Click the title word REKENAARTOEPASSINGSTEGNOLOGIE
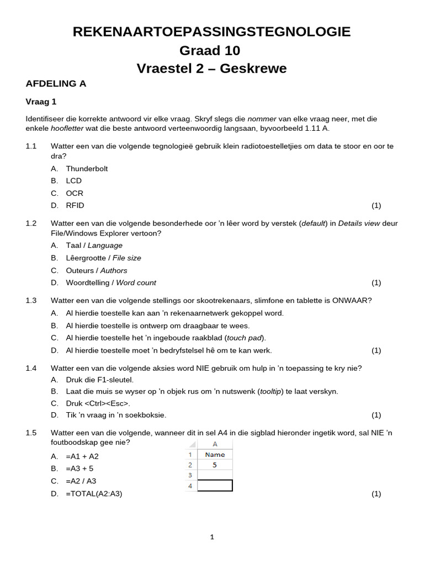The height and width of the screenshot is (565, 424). [211, 32]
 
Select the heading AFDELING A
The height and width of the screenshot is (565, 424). [56, 84]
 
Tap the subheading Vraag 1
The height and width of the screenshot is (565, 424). [41, 102]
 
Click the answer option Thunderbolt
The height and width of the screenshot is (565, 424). [87, 168]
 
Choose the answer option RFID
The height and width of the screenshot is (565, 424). [75, 205]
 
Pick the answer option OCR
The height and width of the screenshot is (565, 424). [75, 193]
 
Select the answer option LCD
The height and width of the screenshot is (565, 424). [73, 180]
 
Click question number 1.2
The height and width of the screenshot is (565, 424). [31, 223]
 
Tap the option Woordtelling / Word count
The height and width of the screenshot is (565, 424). [111, 282]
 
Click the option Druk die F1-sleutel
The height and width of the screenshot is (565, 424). [100, 380]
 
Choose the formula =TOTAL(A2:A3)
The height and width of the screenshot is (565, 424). [94, 494]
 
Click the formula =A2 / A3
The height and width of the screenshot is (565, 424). [81, 481]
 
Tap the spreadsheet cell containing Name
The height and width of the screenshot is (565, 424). [215, 454]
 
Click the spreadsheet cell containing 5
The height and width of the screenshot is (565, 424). [215, 465]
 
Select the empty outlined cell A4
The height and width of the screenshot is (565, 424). [215, 486]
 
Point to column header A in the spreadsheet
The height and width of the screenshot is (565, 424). [215, 444]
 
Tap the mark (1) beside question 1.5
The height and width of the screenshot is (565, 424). [376, 494]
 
